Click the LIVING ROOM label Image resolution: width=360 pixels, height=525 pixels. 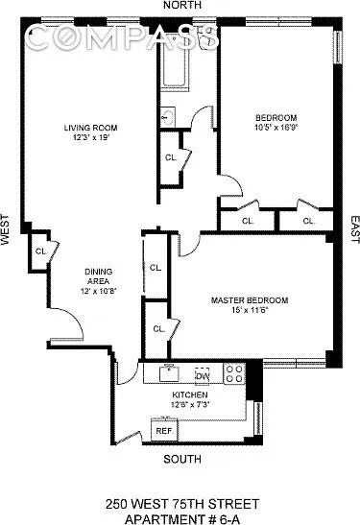coord(91,128)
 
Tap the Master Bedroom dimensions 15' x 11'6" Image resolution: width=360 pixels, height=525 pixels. coord(250,310)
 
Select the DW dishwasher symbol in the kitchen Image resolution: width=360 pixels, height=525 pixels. coord(203,376)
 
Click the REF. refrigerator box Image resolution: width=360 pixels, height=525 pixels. coord(164,430)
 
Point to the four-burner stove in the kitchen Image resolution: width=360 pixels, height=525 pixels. coord(234,373)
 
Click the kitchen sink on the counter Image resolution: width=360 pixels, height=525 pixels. coord(169,373)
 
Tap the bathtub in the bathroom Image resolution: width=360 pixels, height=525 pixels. coord(175,62)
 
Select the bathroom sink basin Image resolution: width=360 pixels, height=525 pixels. coord(167,117)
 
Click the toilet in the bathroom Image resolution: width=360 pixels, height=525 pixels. coord(204,36)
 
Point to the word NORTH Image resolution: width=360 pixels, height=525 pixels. coord(182,5)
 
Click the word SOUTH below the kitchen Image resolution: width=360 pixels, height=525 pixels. coord(182,459)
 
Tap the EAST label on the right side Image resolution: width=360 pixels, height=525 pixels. coord(354,229)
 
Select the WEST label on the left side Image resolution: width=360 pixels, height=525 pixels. coord(5,229)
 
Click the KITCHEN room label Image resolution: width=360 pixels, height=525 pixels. coord(190,394)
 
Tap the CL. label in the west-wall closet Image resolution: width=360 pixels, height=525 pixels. coord(41,251)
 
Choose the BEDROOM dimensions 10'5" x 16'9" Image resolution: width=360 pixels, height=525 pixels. coord(276,128)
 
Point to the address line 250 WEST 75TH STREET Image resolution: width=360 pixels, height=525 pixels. coord(182,504)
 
